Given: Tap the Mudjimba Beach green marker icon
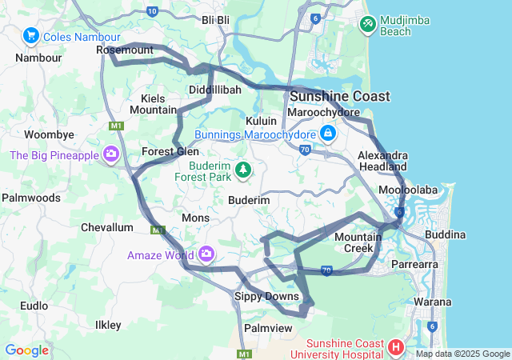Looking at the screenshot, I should pyautogui.click(x=367, y=24).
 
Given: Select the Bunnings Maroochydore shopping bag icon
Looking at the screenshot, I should pyautogui.click(x=327, y=133).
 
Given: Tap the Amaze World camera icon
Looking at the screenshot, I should pyautogui.click(x=207, y=254).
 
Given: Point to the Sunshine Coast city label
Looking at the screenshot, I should pyautogui.click(x=340, y=96).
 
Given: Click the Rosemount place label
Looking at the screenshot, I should pyautogui.click(x=124, y=50).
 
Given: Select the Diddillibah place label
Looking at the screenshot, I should pyautogui.click(x=214, y=90).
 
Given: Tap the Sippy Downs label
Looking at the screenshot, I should pyautogui.click(x=266, y=296).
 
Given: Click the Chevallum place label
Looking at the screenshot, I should pyautogui.click(x=106, y=227).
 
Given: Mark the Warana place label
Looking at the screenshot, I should pyautogui.click(x=433, y=302).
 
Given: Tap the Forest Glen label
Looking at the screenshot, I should pyautogui.click(x=170, y=150).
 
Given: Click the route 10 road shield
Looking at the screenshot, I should pyautogui.click(x=153, y=11).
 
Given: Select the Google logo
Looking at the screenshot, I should pyautogui.click(x=26, y=350).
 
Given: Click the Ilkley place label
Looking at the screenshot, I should pyautogui.click(x=108, y=325).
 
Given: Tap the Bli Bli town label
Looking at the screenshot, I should pyautogui.click(x=215, y=20).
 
